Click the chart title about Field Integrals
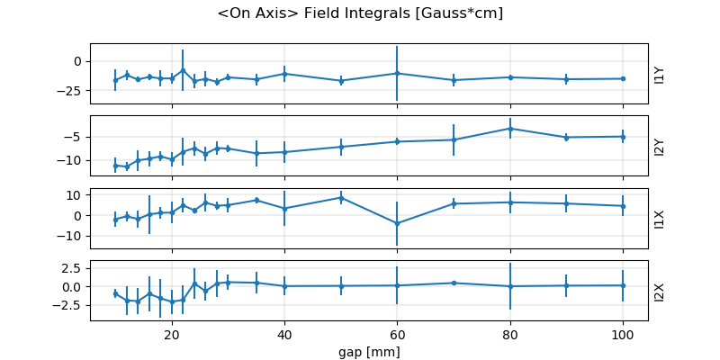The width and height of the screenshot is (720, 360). click(x=360, y=13)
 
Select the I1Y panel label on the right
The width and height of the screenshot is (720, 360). click(x=660, y=74)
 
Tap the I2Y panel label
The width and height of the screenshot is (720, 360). click(x=660, y=147)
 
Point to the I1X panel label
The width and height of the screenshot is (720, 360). click(x=660, y=219)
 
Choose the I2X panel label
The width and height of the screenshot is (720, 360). click(x=660, y=291)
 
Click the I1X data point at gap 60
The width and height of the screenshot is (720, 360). click(x=397, y=223)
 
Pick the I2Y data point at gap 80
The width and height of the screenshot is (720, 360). click(x=510, y=129)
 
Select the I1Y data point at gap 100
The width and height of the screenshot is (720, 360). click(x=623, y=78)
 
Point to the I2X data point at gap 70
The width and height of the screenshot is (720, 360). click(x=454, y=283)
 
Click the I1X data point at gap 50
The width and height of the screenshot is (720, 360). click(x=341, y=197)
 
